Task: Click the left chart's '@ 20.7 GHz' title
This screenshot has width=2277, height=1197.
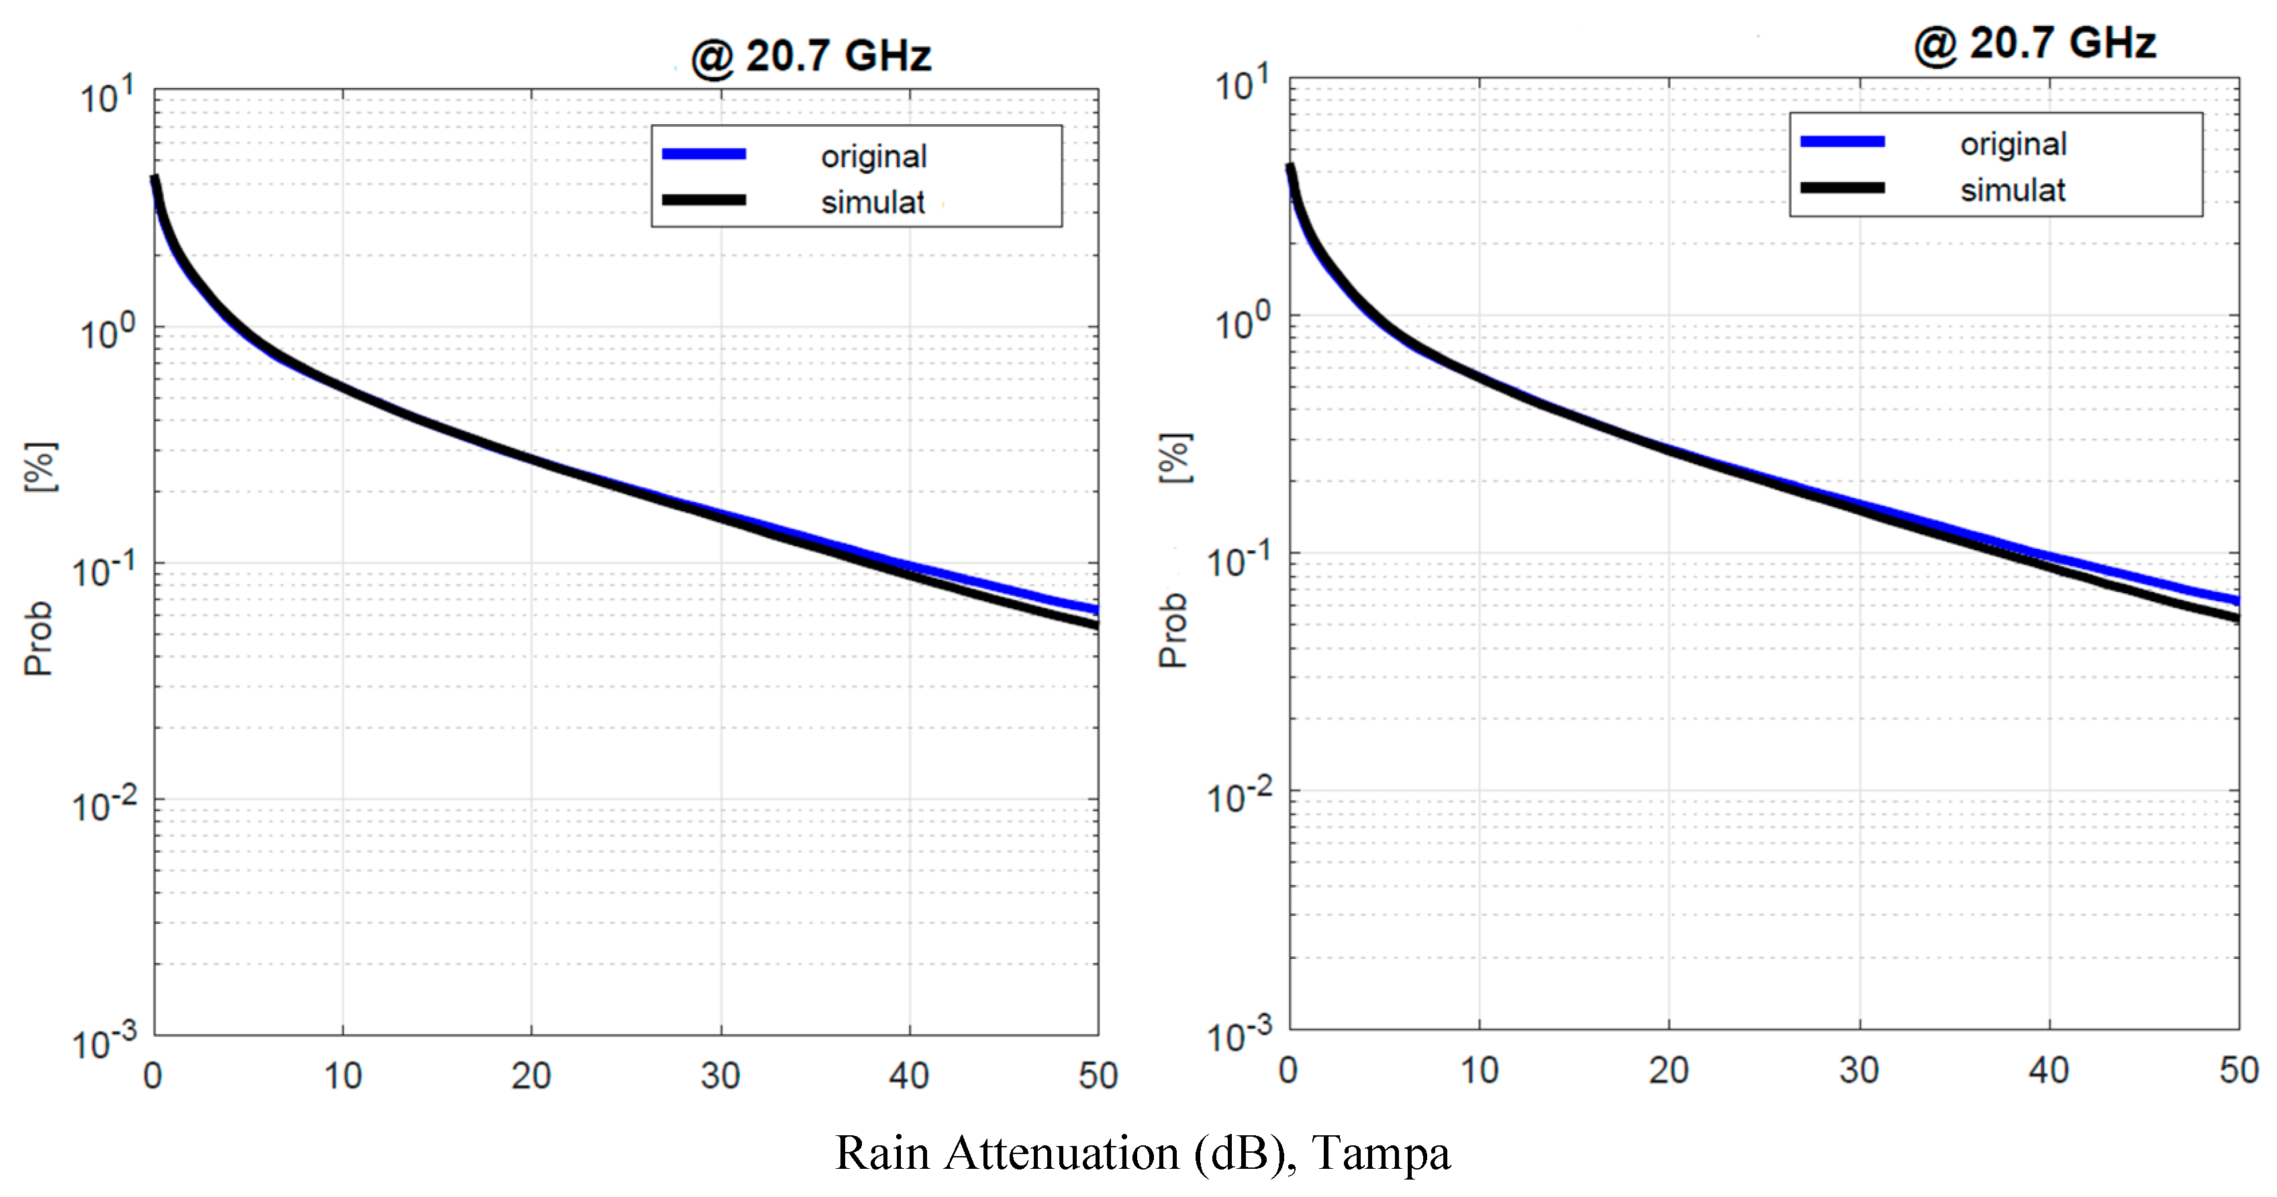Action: tap(812, 56)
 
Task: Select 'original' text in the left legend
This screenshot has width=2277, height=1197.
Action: tap(873, 157)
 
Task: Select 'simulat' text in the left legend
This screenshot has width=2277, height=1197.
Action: tap(873, 203)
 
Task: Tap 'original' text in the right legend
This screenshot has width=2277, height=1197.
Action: tap(2013, 145)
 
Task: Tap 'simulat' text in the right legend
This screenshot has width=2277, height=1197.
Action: tap(2012, 191)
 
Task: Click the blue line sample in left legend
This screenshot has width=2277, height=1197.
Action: tap(704, 154)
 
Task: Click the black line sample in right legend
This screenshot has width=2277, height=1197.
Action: tap(1842, 188)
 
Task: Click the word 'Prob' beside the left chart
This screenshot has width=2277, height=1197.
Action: tap(39, 639)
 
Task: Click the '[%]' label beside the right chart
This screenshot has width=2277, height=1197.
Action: tap(1175, 458)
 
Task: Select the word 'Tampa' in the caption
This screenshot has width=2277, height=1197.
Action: tap(1381, 1153)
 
